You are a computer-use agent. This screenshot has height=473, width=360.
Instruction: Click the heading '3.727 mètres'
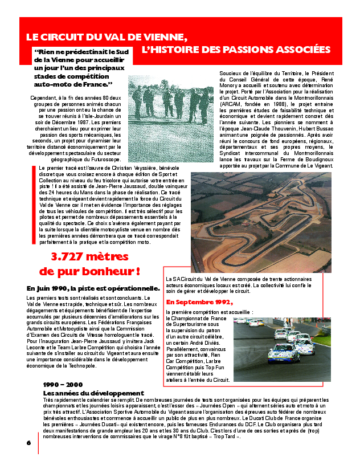pyautogui.click(x=90, y=257)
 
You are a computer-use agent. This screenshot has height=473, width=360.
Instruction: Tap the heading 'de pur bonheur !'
pyautogui.click(x=90, y=270)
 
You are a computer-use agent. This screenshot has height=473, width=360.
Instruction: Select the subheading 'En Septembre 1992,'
pyautogui.click(x=199, y=301)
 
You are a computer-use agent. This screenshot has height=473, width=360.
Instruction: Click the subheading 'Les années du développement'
pyautogui.click(x=93, y=393)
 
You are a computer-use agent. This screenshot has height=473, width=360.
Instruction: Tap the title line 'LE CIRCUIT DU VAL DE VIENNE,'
pyautogui.click(x=107, y=36)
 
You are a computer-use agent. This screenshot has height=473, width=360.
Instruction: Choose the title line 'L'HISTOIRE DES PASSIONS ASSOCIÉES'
pyautogui.click(x=236, y=50)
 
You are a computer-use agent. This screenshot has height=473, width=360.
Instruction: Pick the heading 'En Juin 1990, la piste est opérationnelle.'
pyautogui.click(x=97, y=288)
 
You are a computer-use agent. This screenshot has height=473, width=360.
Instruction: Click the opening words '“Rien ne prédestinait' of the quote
pyautogui.click(x=67, y=52)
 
